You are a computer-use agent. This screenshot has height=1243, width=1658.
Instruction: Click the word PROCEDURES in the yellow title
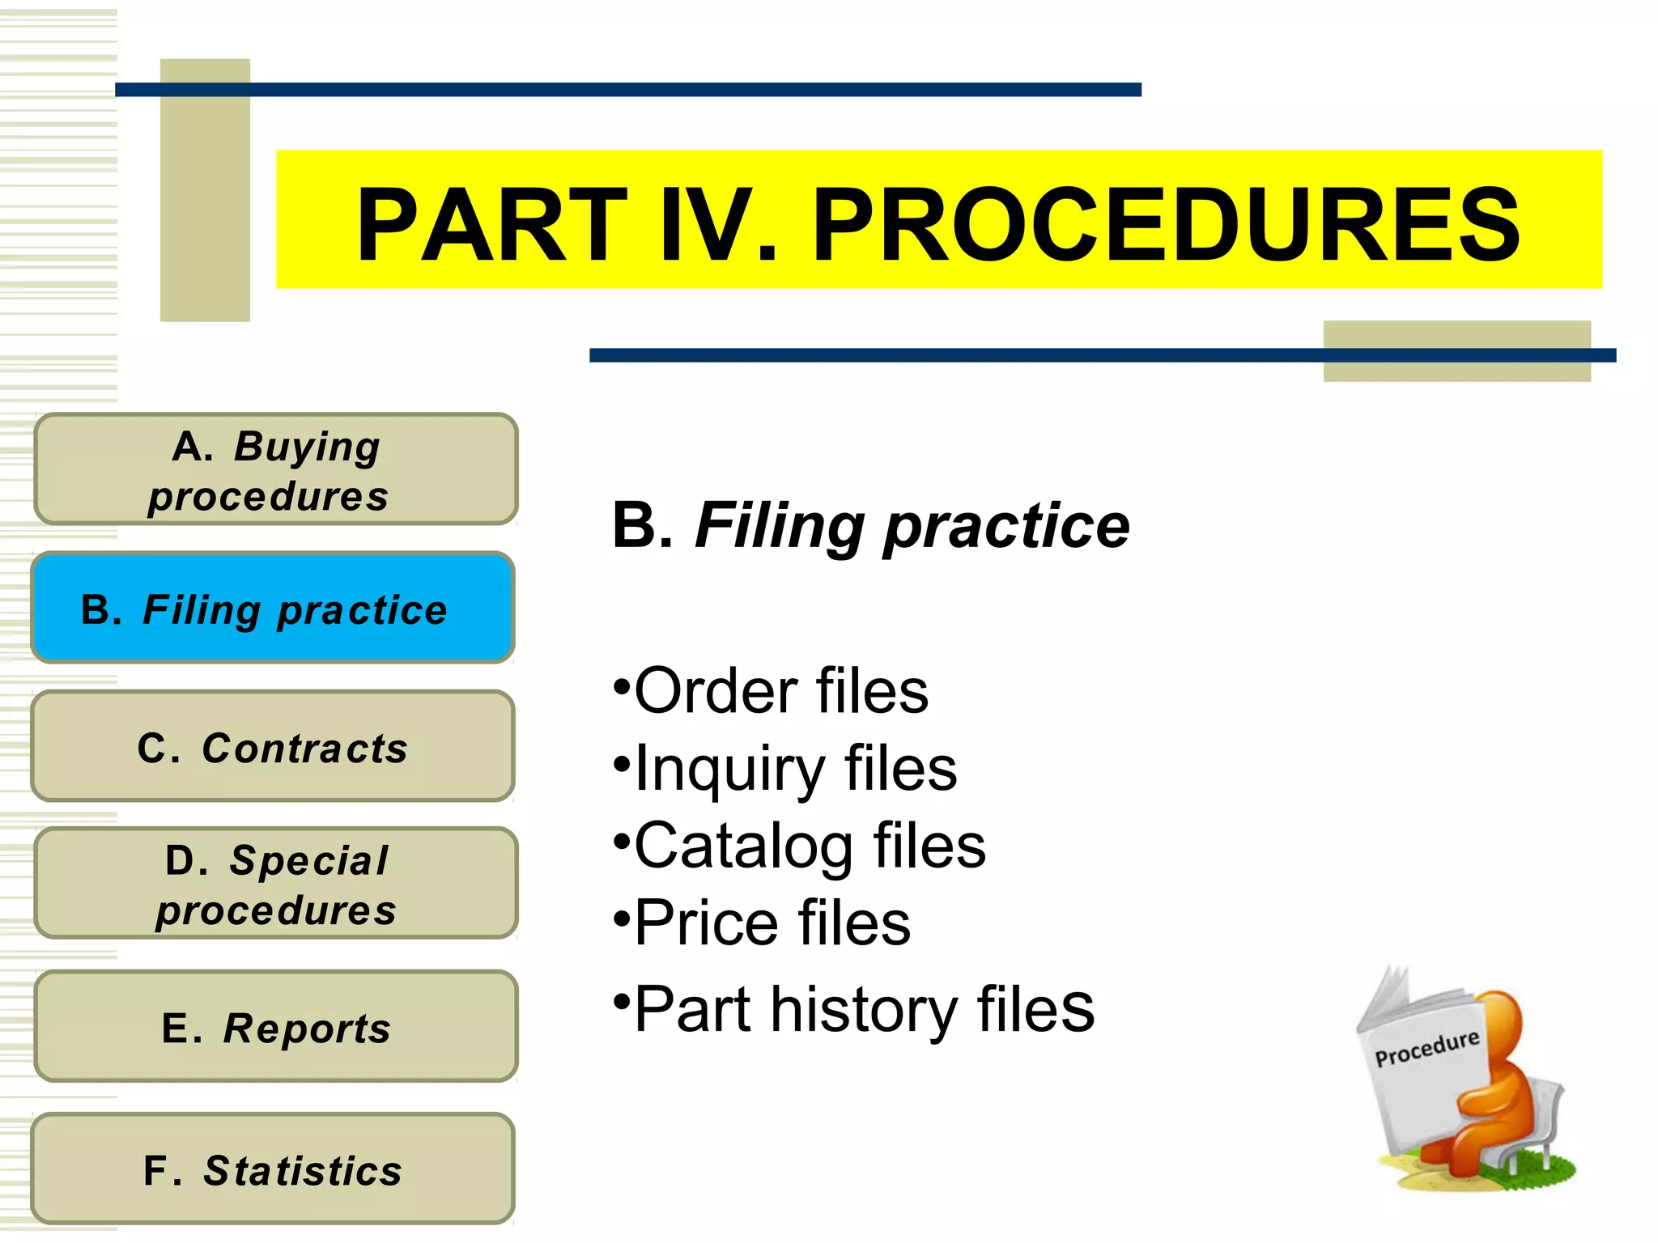click(1166, 225)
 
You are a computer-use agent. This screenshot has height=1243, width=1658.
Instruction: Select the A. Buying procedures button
click(275, 469)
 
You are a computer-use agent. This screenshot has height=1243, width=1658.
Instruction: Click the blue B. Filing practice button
click(273, 609)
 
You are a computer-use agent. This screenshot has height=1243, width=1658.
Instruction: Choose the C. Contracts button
click(273, 747)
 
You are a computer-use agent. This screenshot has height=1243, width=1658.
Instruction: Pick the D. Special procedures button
click(275, 884)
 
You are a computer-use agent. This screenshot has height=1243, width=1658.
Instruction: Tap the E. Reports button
click(275, 1027)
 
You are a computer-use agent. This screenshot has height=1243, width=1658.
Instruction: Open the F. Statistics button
click(273, 1169)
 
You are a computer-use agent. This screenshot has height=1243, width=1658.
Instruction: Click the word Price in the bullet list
click(704, 923)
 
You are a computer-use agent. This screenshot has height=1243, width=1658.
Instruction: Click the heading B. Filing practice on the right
click(870, 526)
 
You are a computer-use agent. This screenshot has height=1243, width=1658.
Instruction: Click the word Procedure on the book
click(1426, 1049)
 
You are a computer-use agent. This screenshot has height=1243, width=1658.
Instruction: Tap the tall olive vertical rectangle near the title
click(205, 190)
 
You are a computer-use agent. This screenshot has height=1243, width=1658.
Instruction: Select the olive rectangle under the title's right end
click(1456, 368)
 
